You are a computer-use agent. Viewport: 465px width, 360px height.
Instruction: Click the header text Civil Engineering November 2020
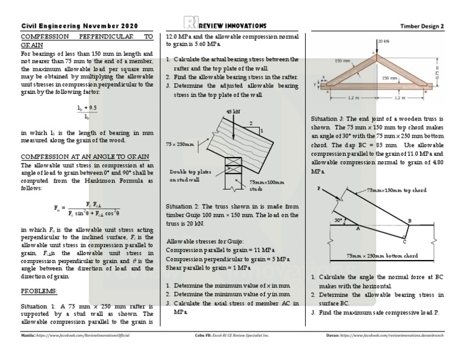79,26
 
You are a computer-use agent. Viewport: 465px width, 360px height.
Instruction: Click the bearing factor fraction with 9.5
88,111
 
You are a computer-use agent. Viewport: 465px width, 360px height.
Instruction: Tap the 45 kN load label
233,112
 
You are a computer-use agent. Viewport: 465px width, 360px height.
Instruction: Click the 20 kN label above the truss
383,41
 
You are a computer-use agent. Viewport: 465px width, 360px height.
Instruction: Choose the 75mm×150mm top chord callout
397,190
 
